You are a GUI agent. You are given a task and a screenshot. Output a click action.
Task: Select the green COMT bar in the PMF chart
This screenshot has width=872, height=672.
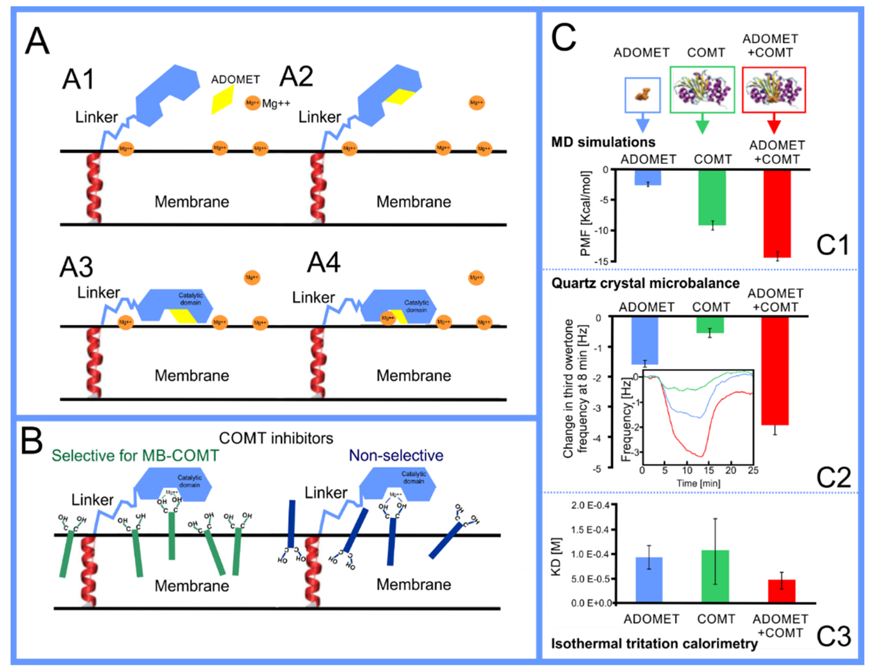coord(712,197)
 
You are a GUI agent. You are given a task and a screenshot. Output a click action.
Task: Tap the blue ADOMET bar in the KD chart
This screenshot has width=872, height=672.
coord(649,579)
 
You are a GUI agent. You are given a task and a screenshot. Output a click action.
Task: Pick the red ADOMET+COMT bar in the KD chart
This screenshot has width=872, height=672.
coord(781,590)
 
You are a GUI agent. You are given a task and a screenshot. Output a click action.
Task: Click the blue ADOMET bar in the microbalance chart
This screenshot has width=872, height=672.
coord(645,340)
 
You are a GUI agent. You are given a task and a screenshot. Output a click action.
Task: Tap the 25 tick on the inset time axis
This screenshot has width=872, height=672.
coord(753,471)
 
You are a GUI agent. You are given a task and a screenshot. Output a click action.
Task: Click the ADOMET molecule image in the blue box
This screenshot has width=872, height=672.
coord(642,95)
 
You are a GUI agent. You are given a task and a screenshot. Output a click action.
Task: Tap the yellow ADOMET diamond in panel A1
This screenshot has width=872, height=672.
coord(222,99)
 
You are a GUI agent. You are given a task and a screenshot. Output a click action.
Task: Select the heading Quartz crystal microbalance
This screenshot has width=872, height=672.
coord(645,283)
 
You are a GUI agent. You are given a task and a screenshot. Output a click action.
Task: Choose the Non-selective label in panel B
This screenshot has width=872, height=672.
coord(396,455)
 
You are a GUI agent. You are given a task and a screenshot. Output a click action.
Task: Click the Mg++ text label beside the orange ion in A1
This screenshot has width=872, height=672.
coord(276,103)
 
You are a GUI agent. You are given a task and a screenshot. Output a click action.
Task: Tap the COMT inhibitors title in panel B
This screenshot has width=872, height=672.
coord(276,438)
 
